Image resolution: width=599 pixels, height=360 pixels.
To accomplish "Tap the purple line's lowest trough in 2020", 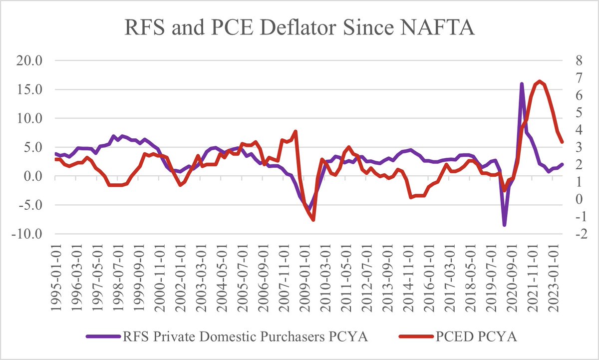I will pyautogui.click(x=504, y=225).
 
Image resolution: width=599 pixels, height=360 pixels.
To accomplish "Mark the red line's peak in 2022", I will pyautogui.click(x=539, y=81).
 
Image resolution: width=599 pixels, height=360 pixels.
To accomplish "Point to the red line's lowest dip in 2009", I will pyautogui.click(x=313, y=220).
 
